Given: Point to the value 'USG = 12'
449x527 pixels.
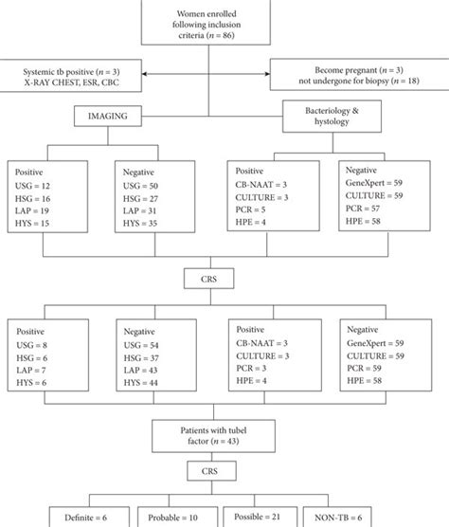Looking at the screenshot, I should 37,188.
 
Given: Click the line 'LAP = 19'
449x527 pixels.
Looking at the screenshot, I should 37,212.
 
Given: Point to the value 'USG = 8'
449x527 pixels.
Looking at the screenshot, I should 35,348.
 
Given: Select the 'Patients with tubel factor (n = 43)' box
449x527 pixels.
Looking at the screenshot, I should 224,437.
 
